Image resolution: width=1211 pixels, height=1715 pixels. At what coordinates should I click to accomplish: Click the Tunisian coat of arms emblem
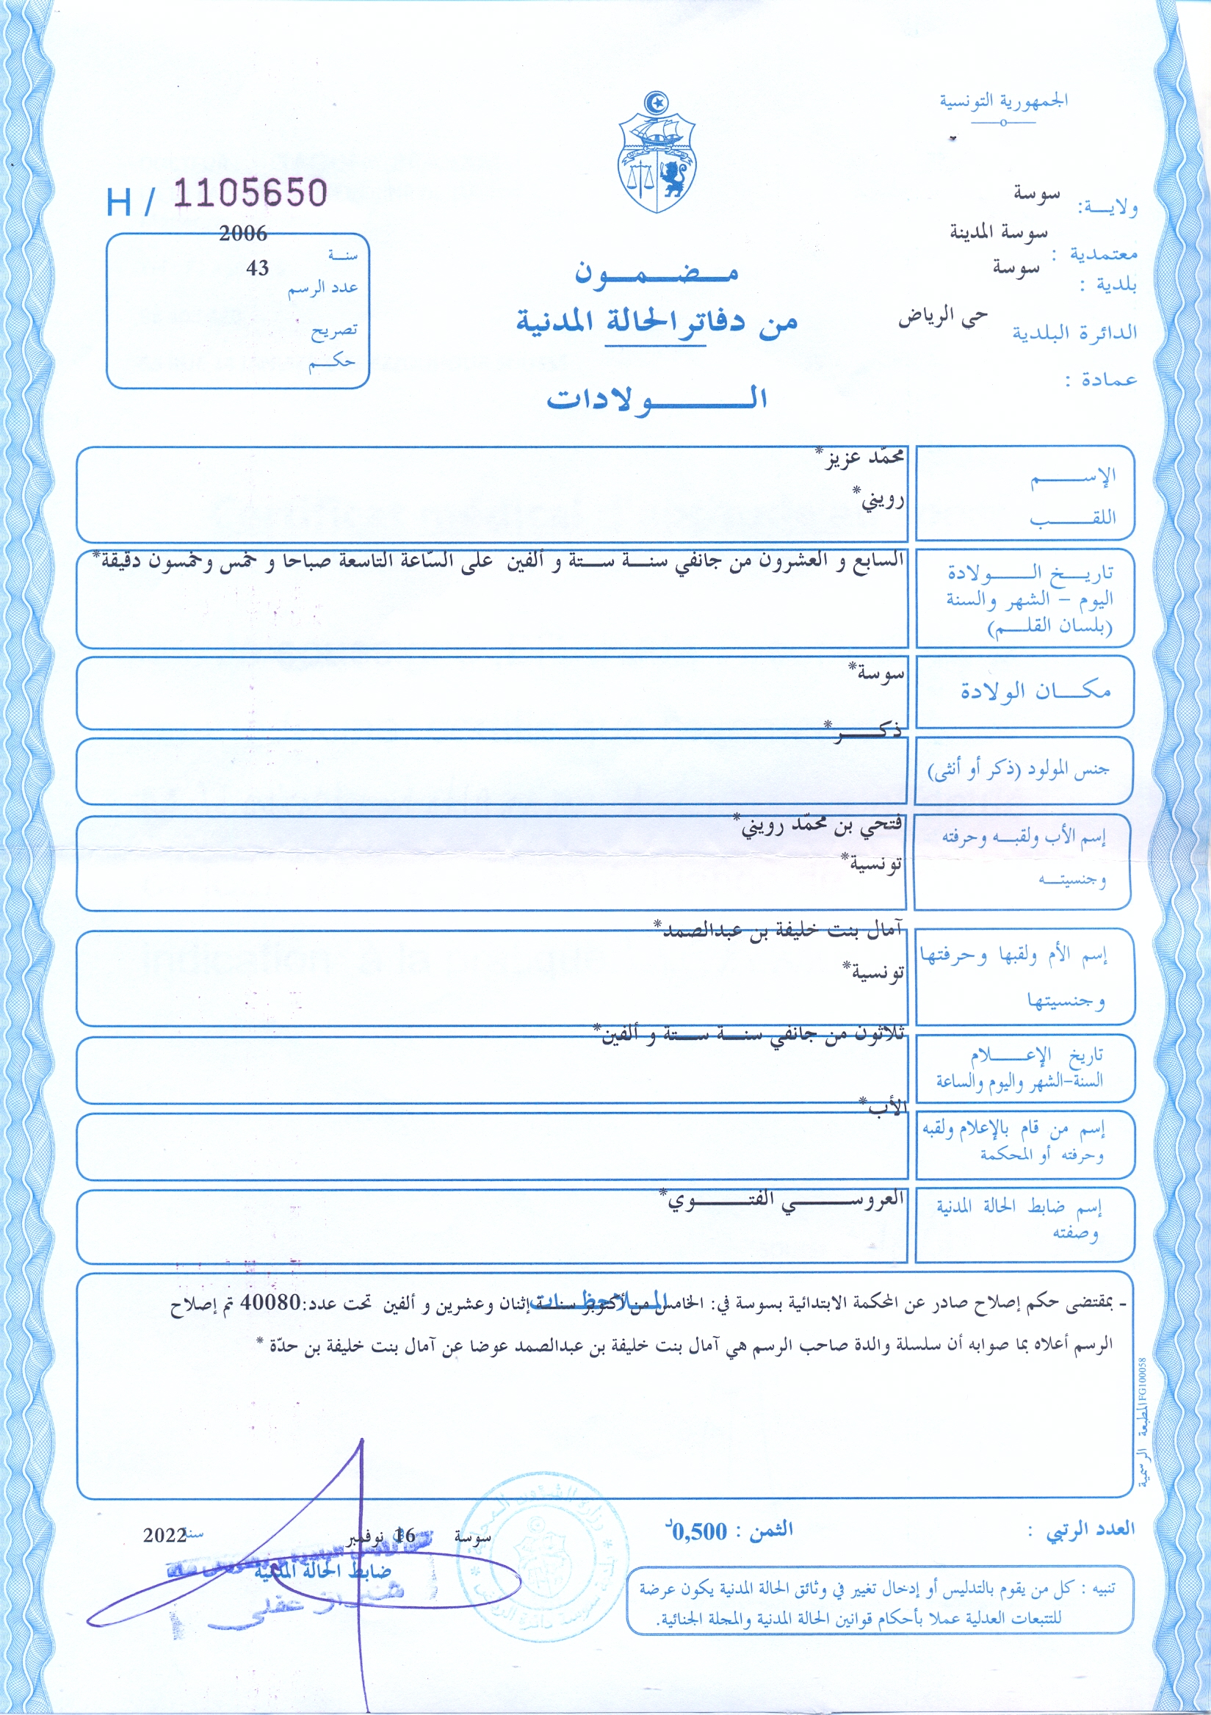coord(657,153)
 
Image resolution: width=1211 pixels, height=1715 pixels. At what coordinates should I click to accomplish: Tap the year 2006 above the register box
coord(243,234)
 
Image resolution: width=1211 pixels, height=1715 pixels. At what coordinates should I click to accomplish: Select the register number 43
coord(257,268)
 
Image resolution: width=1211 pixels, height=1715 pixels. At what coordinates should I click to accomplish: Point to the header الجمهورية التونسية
coord(1003,100)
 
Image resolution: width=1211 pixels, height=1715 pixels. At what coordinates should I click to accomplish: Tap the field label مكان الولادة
coord(1035,691)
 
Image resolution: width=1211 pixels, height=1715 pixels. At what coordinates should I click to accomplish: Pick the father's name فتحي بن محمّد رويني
coord(820,826)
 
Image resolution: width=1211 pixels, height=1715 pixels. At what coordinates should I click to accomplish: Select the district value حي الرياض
coord(943,317)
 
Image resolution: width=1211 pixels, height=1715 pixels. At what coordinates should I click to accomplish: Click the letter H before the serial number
coord(118,203)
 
